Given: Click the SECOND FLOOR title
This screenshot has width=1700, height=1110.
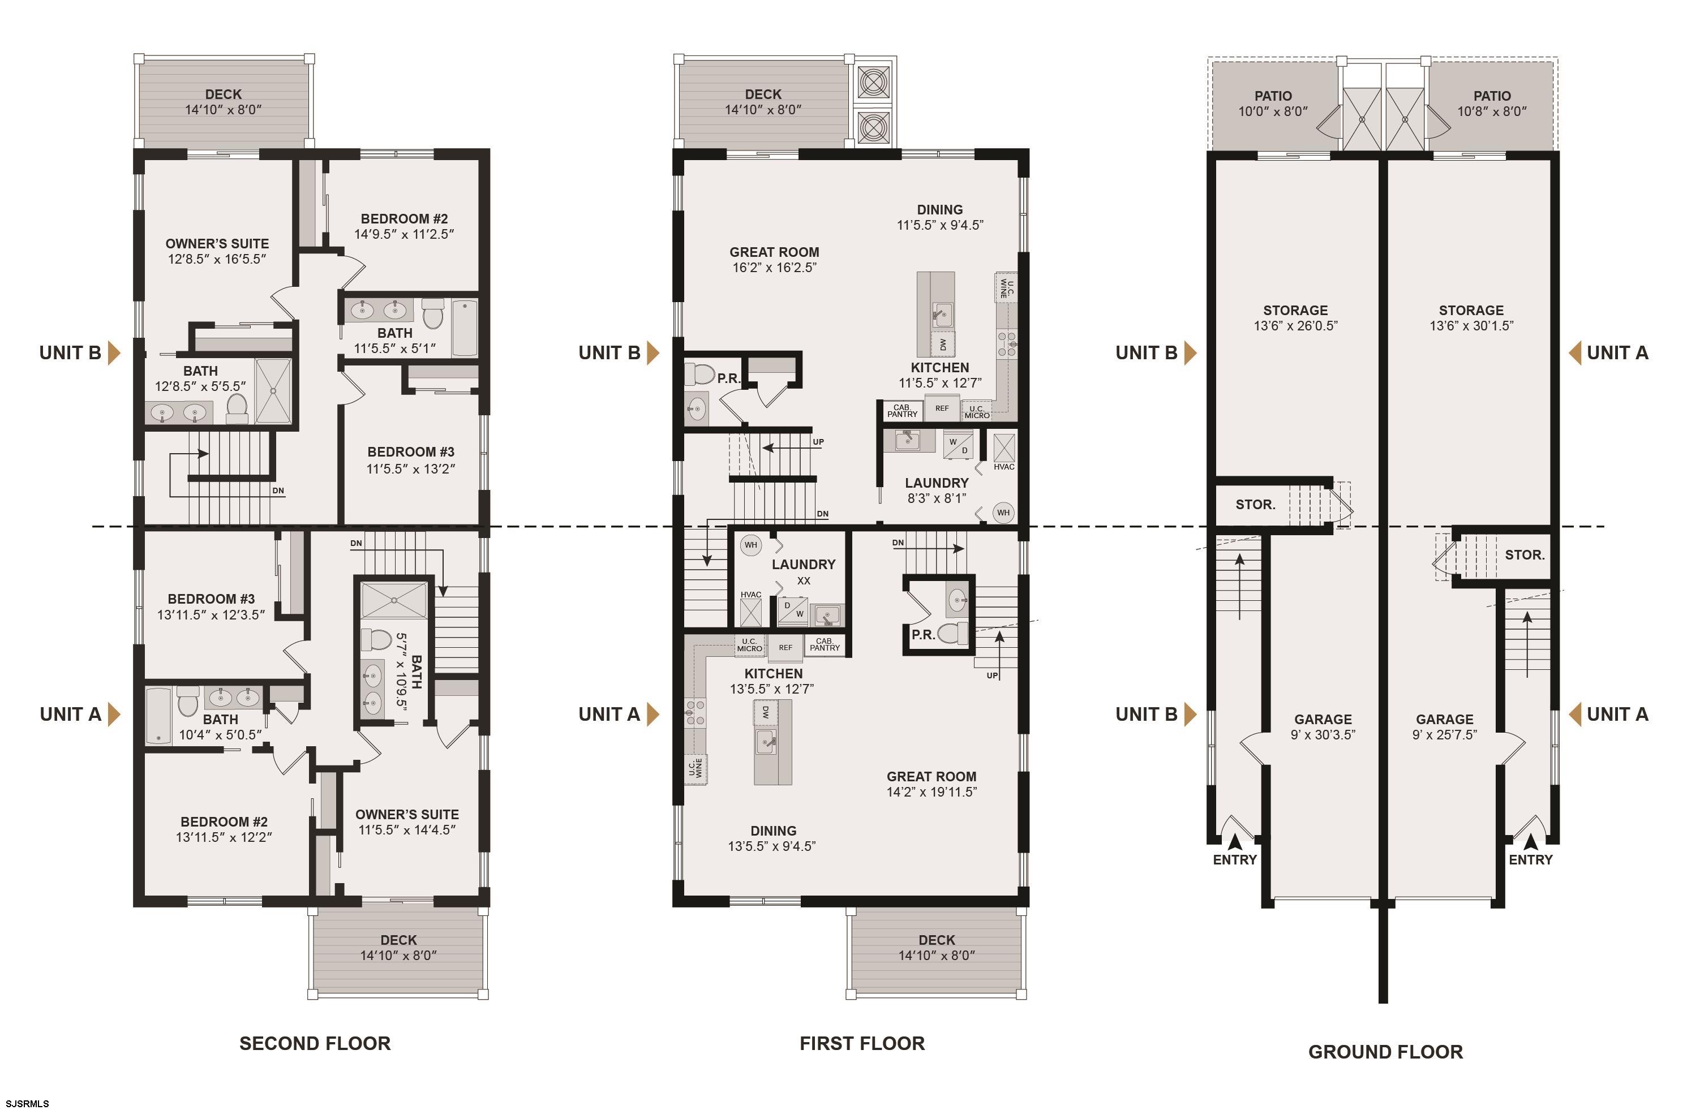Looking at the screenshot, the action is click(x=315, y=1044).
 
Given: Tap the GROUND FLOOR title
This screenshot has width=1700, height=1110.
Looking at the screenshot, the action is click(x=1386, y=1052).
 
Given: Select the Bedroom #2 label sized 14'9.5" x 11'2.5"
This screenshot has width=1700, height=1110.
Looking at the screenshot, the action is click(x=404, y=226).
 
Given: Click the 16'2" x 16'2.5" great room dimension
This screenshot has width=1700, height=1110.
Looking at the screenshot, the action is click(x=774, y=268).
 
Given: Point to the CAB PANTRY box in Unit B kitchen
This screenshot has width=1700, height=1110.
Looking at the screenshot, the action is click(x=902, y=411).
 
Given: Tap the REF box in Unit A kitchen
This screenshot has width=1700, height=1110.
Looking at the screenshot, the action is click(x=785, y=647).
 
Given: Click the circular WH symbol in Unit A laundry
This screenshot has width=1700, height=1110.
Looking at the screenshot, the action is click(x=751, y=545).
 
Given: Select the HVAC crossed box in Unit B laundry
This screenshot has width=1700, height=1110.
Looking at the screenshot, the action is click(x=1003, y=448).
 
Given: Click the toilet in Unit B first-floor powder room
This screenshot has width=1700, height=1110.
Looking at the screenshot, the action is click(x=700, y=373).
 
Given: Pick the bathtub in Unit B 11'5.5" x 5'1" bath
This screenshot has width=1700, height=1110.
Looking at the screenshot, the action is click(x=464, y=328).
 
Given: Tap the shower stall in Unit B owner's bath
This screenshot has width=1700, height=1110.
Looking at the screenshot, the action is click(x=273, y=391).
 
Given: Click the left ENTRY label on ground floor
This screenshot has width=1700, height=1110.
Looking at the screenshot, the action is click(x=1235, y=860).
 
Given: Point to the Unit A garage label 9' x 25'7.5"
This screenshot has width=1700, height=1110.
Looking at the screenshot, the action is click(x=1445, y=727).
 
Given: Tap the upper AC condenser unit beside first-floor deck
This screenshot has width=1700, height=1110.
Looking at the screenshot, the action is click(x=873, y=82).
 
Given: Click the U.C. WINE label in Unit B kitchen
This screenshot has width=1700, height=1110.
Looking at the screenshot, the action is click(x=1006, y=288).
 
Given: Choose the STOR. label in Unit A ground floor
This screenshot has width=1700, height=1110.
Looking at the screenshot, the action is click(x=1525, y=555).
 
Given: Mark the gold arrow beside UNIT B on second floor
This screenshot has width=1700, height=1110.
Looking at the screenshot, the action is click(x=114, y=353).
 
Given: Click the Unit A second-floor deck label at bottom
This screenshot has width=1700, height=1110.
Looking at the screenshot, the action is click(x=398, y=948).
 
